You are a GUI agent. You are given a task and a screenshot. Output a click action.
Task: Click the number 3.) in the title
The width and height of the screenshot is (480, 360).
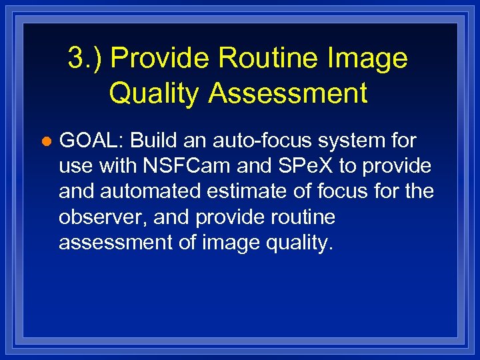(85, 59)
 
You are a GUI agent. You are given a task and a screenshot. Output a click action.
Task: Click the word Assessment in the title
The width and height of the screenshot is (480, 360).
(288, 93)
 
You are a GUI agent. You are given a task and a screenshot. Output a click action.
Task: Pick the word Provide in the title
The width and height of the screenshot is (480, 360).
(161, 59)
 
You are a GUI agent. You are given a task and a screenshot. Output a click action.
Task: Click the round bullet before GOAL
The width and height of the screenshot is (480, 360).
(46, 142)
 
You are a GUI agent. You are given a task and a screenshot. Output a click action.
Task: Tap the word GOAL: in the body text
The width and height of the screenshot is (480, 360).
(93, 141)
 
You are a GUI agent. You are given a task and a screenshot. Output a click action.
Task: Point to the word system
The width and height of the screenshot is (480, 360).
(357, 141)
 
